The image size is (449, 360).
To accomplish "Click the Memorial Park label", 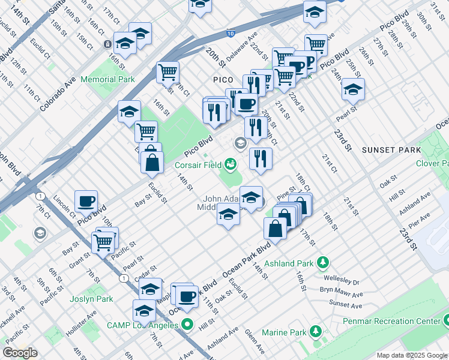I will pos(107,79).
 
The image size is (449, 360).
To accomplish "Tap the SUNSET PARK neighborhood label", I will pos(388,148).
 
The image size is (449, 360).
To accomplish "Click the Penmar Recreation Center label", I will pos(391,322).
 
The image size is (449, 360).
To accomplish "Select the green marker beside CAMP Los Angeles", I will pos(187,325).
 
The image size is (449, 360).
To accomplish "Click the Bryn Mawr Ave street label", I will pos(342,294).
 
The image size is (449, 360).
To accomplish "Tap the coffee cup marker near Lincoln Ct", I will pos(86,200).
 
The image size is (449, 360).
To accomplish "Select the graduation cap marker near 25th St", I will pos(353,89).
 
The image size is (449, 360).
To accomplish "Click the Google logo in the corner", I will pos(20,353).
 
